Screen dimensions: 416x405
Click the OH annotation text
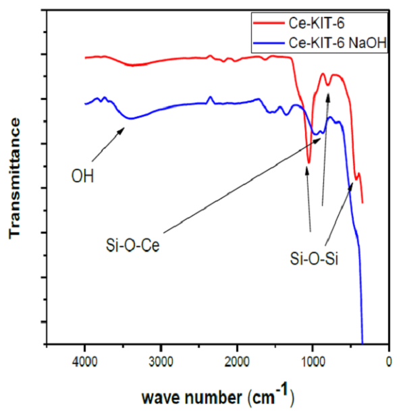pyautogui.click(x=82, y=177)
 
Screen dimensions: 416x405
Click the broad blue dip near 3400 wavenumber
pyautogui.click(x=132, y=118)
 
